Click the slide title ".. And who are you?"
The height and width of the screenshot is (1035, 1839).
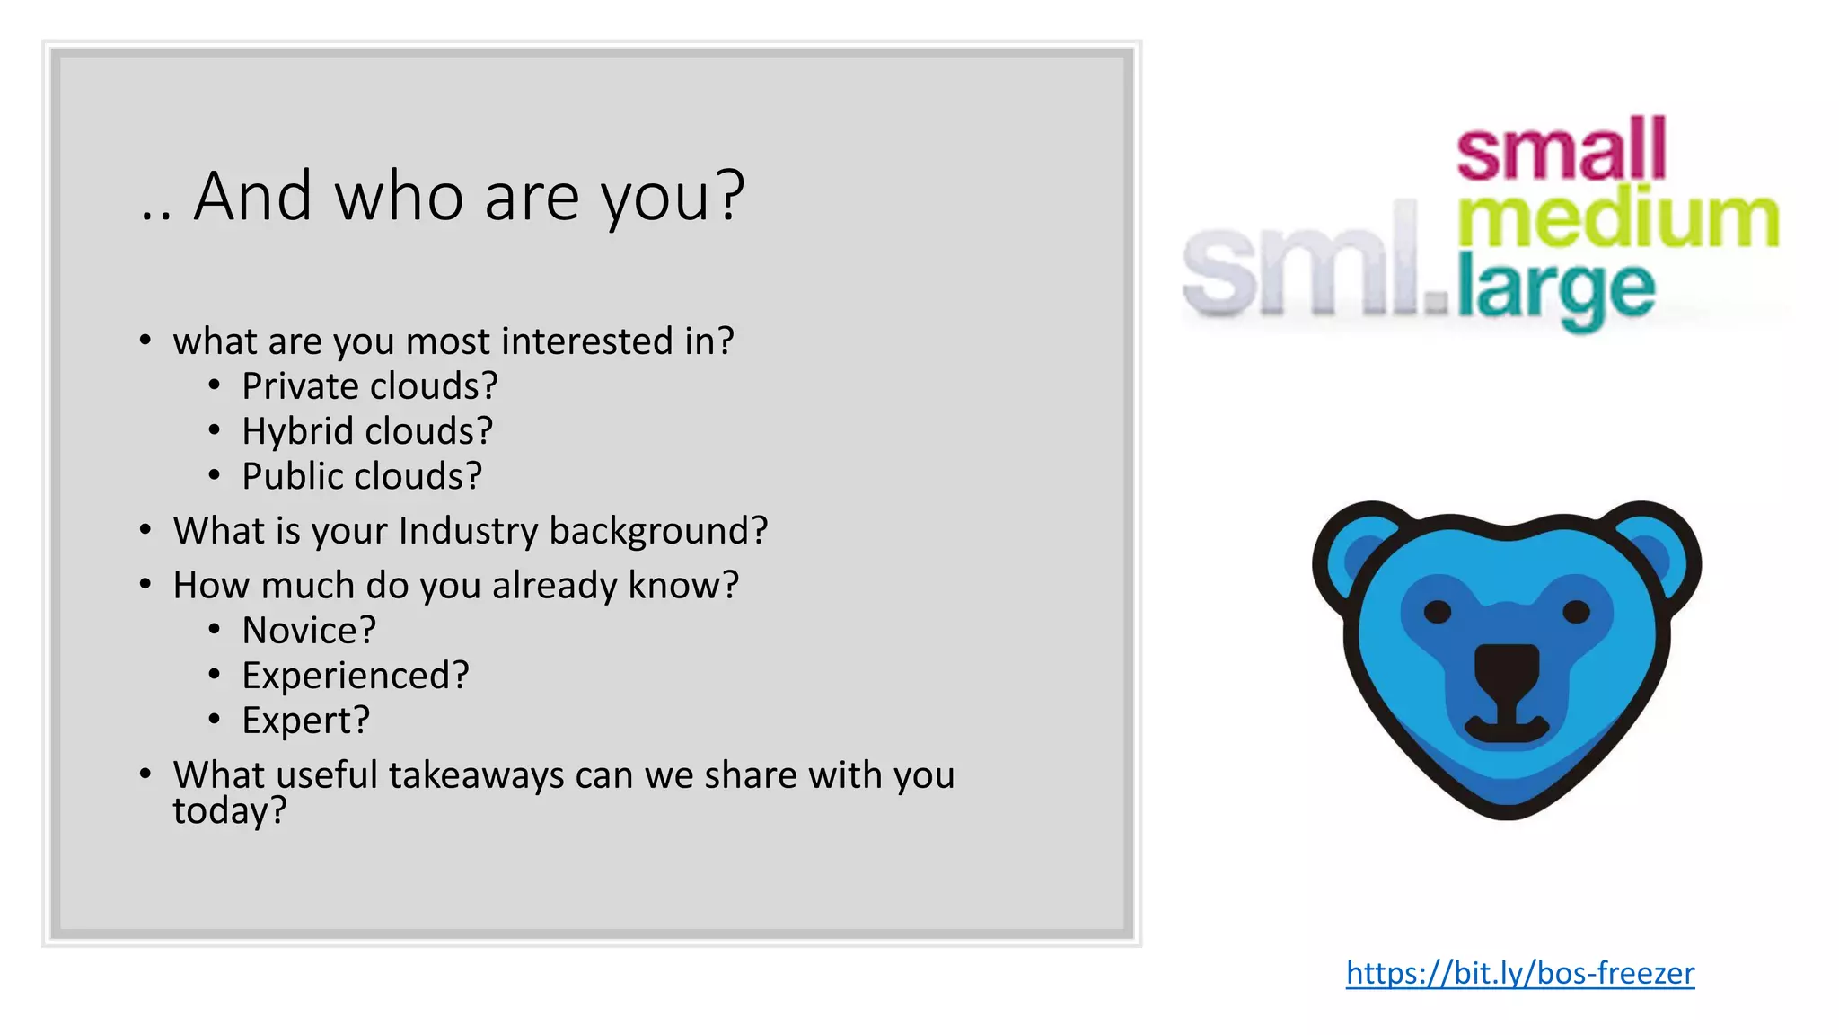[443, 196]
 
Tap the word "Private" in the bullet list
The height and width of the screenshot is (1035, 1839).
[300, 386]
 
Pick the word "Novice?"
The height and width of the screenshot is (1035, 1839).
[309, 631]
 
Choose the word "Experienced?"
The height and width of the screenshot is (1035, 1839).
[356, 676]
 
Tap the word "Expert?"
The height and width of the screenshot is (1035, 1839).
[306, 721]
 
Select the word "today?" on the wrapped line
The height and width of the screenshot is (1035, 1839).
[230, 810]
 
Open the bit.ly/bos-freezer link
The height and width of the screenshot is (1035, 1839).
[1519, 973]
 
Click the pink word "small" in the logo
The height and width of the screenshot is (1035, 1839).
[1561, 148]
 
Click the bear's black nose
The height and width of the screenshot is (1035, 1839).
[1507, 669]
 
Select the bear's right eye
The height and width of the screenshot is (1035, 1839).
[1576, 613]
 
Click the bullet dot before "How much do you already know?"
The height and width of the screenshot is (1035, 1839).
[145, 585]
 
